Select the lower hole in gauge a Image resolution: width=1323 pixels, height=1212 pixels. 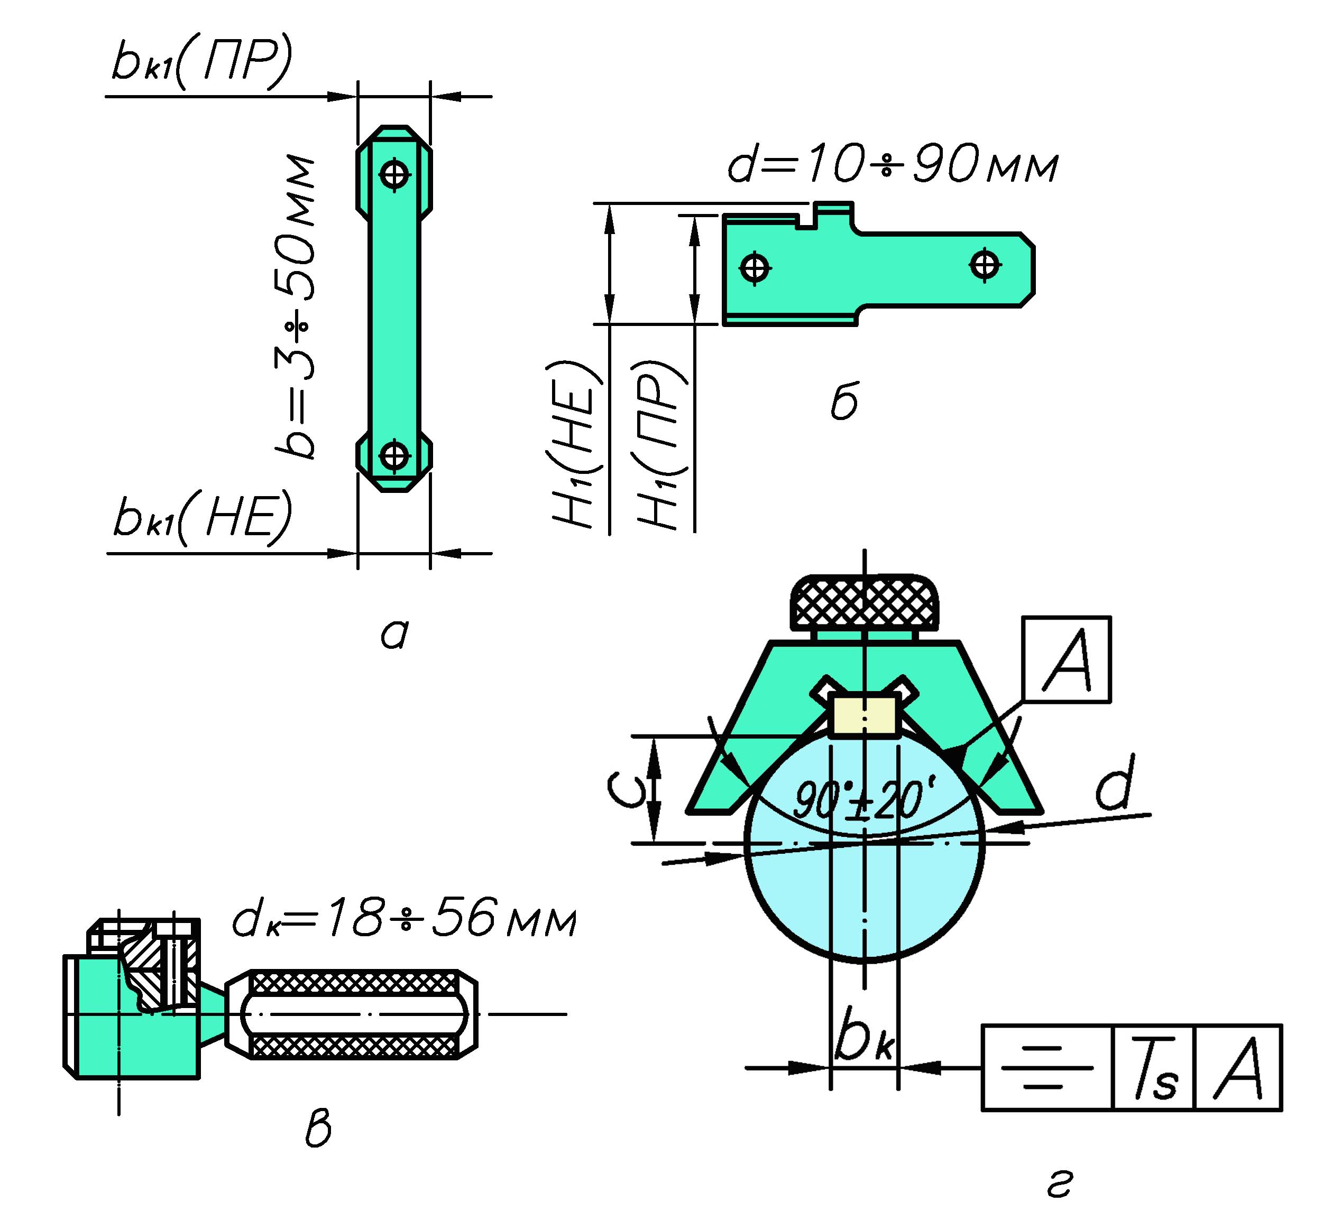[394, 455]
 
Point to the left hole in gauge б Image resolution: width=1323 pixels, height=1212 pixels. [755, 267]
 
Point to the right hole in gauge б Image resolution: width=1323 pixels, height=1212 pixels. [985, 266]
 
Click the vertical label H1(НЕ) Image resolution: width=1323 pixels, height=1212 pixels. [575, 445]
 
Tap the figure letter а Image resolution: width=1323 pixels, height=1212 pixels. [394, 633]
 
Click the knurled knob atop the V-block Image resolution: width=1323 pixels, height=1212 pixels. [864, 601]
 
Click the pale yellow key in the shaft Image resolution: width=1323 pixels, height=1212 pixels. [863, 715]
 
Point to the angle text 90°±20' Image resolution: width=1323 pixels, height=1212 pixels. [864, 799]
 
